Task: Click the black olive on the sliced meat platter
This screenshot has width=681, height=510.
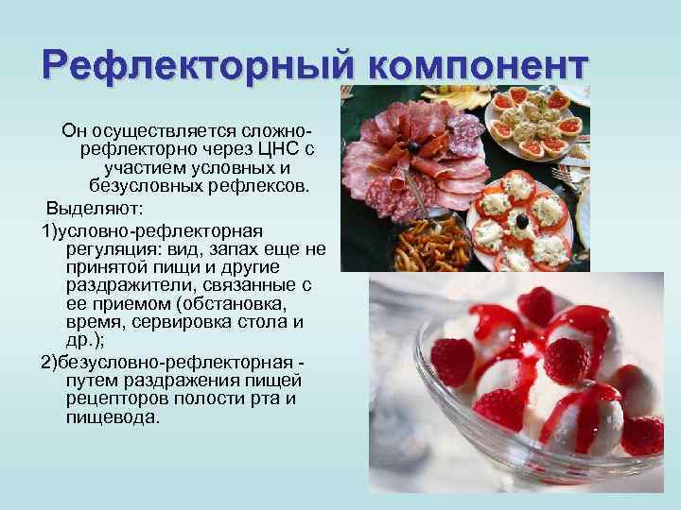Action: [x=413, y=148]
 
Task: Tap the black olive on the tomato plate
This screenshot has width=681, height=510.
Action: [x=520, y=221]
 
